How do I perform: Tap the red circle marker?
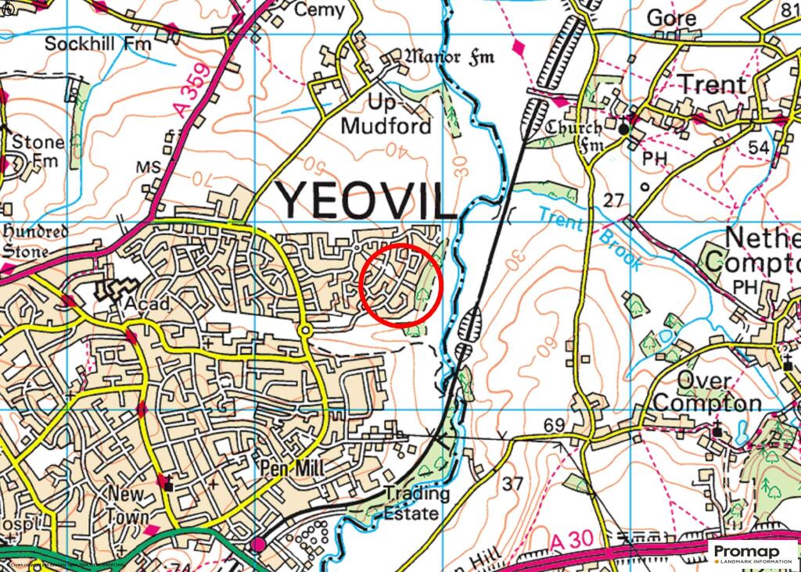[402, 284]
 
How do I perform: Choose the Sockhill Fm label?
[98, 44]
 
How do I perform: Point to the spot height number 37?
[512, 484]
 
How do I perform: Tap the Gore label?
[671, 17]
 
